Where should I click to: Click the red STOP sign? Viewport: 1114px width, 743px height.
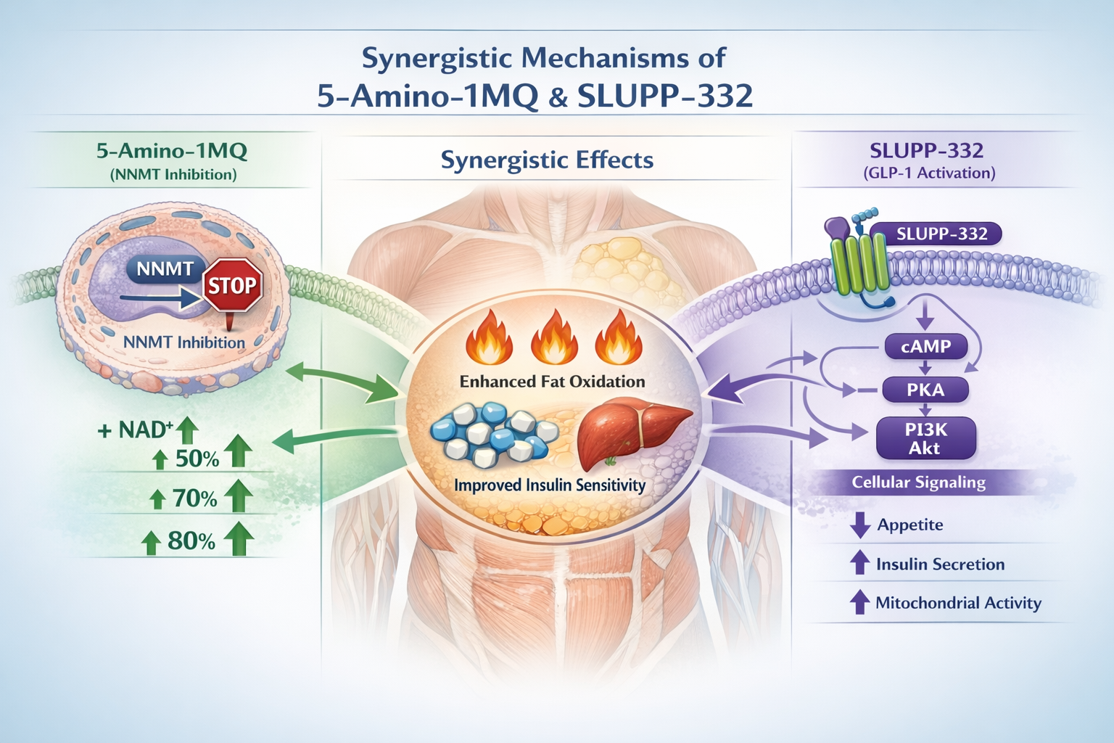tap(232, 285)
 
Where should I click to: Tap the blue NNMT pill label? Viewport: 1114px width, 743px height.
tap(165, 269)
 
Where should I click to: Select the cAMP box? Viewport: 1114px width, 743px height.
tap(925, 347)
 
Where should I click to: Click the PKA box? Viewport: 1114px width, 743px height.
tap(925, 390)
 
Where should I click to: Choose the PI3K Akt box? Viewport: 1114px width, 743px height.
tap(925, 438)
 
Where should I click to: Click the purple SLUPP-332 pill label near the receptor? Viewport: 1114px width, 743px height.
tap(941, 234)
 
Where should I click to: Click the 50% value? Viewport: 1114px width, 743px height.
tap(197, 459)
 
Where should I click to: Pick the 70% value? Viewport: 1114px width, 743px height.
tap(194, 498)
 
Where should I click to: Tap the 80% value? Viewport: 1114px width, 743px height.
tap(191, 541)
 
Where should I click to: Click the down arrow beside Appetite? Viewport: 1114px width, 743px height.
tap(859, 525)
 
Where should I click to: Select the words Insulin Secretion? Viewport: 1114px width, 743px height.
tap(940, 564)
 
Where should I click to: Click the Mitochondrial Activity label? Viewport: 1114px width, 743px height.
tap(957, 602)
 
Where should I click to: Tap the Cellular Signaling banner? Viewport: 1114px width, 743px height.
tap(918, 483)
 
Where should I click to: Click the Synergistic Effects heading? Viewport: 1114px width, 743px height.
tap(547, 160)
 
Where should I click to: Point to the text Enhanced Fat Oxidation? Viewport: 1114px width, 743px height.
tap(552, 381)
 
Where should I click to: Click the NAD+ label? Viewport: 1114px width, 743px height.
tap(144, 430)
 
